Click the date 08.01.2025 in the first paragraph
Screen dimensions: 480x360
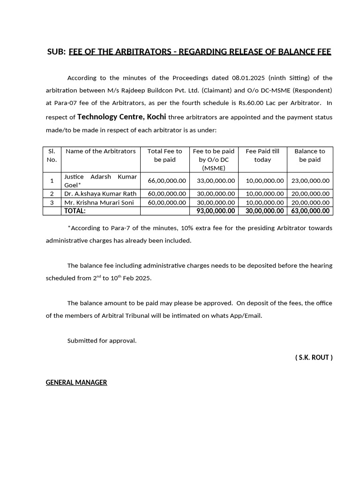point(247,78)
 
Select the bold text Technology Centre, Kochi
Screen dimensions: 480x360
point(121,117)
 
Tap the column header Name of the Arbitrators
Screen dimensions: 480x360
point(100,151)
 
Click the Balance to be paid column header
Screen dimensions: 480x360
point(309,155)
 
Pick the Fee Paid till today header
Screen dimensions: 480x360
point(262,155)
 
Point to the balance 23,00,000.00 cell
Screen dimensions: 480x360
point(310,180)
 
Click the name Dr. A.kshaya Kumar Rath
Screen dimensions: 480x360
point(100,194)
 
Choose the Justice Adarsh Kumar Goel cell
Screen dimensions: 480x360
point(100,180)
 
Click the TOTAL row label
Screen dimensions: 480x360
point(75,211)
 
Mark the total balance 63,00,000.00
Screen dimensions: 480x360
point(310,211)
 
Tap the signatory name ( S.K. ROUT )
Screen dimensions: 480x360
point(314,358)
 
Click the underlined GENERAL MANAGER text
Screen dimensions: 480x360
point(76,382)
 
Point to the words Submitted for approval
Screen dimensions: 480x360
point(102,341)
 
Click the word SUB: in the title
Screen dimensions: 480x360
point(56,52)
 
